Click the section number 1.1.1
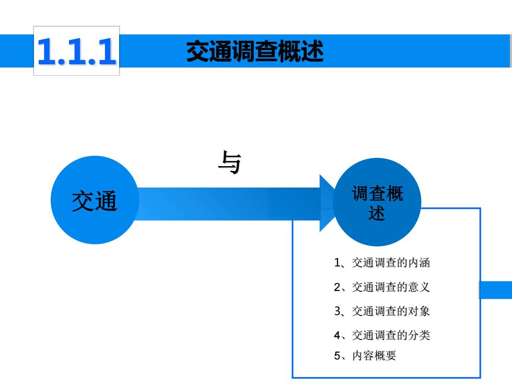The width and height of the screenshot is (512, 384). (x=77, y=51)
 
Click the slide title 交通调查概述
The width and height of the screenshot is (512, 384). (x=255, y=51)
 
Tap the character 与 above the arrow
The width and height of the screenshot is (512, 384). (x=229, y=162)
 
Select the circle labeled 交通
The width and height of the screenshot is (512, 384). (x=95, y=200)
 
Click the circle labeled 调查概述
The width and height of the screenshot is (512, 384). (x=377, y=202)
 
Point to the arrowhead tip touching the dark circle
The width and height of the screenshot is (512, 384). (x=335, y=203)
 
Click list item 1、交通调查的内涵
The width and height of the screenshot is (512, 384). (x=382, y=262)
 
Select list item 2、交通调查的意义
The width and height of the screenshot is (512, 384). (x=382, y=287)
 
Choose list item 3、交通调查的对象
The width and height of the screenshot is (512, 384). (x=382, y=311)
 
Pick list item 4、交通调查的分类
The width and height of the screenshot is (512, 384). (x=382, y=335)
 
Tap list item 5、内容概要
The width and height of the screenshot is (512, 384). (x=365, y=356)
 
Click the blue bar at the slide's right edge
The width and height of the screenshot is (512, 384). (x=496, y=289)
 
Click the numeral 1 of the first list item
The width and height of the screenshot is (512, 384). (x=338, y=263)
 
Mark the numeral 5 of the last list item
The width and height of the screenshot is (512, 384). (x=338, y=356)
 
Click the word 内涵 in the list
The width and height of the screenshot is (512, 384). (x=419, y=262)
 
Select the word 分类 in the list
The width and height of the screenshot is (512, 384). (x=419, y=335)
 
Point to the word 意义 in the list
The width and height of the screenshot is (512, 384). (x=419, y=287)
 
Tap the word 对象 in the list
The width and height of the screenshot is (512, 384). (x=419, y=311)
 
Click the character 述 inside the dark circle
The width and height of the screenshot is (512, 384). (x=377, y=213)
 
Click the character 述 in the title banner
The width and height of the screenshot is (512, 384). (x=312, y=51)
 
